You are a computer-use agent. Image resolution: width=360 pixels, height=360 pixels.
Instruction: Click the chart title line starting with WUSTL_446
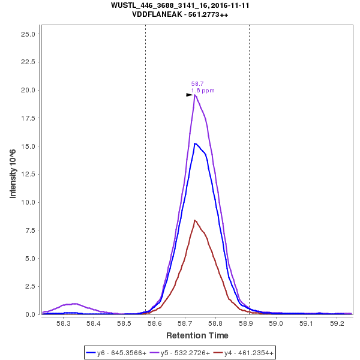[x=181, y=5]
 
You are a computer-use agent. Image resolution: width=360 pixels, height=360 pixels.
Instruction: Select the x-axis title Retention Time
[x=197, y=335]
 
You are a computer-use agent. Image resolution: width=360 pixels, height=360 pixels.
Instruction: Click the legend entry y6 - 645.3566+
[x=117, y=353]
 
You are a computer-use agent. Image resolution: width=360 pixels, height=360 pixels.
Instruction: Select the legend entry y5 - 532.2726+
[x=181, y=353]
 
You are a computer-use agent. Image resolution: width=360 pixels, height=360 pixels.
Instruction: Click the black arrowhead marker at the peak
[x=189, y=95]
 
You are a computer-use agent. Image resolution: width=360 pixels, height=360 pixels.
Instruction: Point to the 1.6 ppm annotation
[x=203, y=91]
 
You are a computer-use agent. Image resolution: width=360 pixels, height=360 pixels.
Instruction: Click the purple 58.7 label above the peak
[x=197, y=84]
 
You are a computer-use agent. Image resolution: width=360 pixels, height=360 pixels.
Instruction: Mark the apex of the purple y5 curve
[x=194, y=95]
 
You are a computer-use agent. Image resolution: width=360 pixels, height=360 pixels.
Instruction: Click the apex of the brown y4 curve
[x=194, y=220]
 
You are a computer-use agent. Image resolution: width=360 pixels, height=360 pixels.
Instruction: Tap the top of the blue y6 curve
[x=194, y=143]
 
